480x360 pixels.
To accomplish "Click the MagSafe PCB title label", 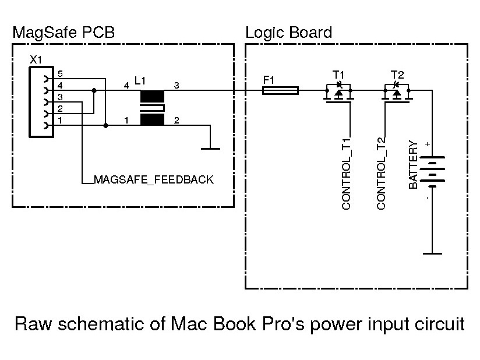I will click(63, 33).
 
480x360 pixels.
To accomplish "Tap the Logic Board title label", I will click(288, 33).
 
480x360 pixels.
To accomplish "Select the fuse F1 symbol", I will click(281, 90).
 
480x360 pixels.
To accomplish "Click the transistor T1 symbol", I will click(338, 93).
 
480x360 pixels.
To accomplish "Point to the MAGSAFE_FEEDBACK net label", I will click(154, 180).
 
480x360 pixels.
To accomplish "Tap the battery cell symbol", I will click(432, 170).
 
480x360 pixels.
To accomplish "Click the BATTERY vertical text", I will click(414, 165).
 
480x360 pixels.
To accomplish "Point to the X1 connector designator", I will click(36, 60).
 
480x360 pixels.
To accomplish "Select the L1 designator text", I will click(140, 80).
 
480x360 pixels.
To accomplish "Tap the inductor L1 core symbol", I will click(152, 108).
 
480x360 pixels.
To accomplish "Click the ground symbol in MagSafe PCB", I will click(210, 148).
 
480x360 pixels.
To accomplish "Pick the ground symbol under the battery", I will click(432, 253).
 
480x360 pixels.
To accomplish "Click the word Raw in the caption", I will click(30, 324).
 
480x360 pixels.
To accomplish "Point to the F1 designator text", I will click(269, 80).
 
